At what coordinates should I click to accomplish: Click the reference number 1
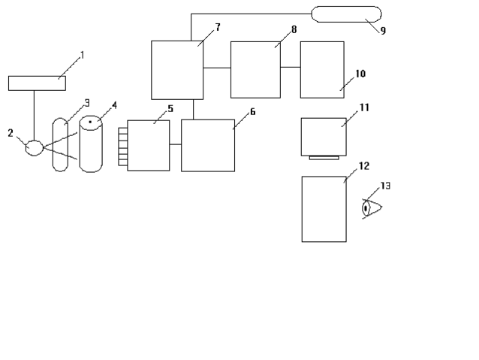[83, 55]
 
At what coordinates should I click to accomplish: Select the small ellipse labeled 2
[34, 147]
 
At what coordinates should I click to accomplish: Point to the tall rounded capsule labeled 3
[60, 145]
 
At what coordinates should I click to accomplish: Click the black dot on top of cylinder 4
[90, 121]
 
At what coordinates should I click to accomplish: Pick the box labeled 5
[149, 145]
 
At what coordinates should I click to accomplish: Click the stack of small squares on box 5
[122, 145]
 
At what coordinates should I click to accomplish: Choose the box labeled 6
[207, 145]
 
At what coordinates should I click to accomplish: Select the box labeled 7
[177, 70]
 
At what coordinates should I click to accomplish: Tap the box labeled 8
[255, 70]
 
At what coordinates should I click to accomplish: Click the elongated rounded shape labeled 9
[346, 14]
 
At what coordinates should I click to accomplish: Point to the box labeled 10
[322, 70]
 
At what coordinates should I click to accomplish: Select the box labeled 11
[324, 136]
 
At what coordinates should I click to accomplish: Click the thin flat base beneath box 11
[324, 158]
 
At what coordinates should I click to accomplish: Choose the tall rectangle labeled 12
[324, 208]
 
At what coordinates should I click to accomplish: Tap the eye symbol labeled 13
[370, 207]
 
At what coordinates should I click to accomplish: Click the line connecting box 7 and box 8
[217, 68]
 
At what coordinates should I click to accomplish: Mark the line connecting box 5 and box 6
[176, 144]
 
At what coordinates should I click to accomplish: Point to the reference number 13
[385, 185]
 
